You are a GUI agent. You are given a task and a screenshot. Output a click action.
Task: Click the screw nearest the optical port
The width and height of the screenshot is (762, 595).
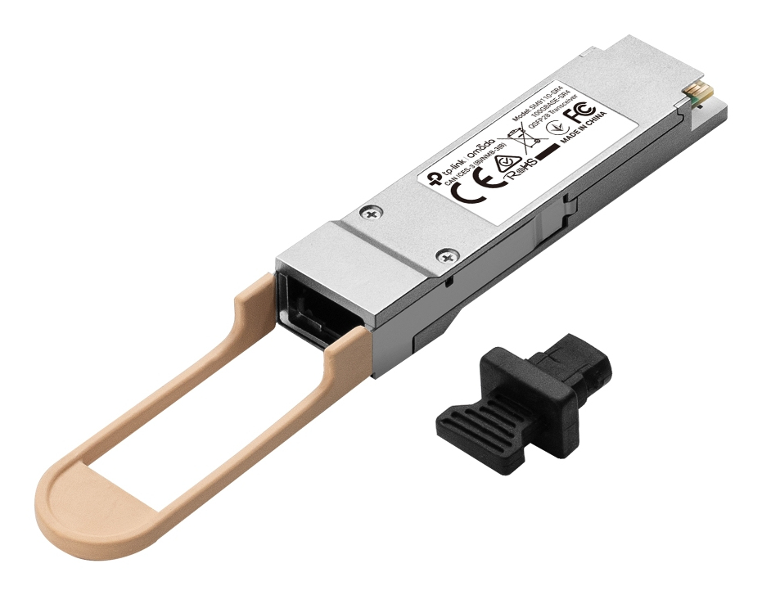coord(447,257)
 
